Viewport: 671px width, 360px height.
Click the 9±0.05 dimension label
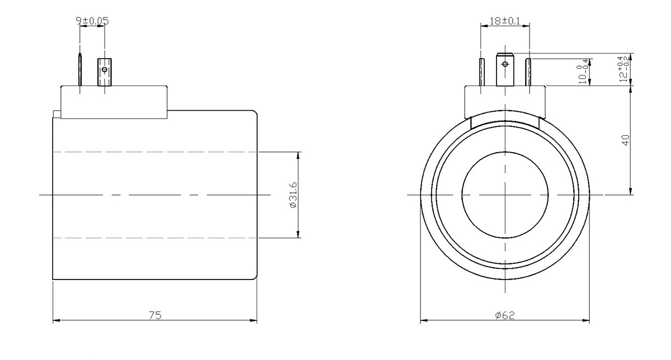point(92,21)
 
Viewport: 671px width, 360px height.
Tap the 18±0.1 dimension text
point(505,21)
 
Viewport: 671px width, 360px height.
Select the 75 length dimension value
point(155,315)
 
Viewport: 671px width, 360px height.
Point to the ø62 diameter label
point(505,315)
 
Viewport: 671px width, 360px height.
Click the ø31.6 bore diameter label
point(293,195)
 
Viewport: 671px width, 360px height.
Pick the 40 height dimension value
point(626,140)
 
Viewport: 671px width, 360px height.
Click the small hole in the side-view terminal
point(105,70)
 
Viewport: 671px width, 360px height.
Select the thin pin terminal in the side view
point(80,69)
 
